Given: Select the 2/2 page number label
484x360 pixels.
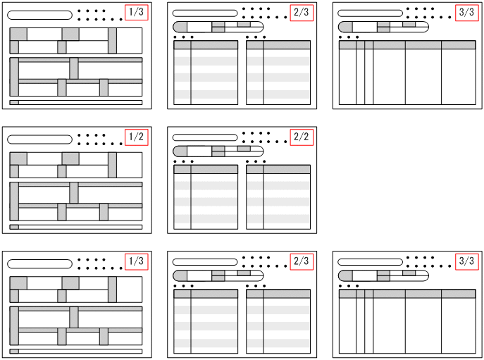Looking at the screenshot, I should tap(301, 137).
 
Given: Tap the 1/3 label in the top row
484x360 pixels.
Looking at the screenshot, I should tap(136, 13).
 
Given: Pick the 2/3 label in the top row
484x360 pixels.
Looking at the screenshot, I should tap(301, 13).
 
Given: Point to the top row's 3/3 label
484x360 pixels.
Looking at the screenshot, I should tap(466, 13).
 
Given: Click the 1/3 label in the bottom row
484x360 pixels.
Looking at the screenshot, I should tap(136, 261).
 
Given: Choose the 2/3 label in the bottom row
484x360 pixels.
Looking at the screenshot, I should tap(301, 261).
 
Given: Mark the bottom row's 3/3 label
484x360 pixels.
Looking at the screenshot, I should tap(466, 261).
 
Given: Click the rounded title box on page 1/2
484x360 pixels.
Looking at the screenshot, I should tap(39, 139).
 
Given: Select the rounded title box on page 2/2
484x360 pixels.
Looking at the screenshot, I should tap(205, 137).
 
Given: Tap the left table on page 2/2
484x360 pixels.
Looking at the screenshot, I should tap(206, 197).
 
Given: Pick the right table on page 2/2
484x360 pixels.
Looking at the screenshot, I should tap(278, 197).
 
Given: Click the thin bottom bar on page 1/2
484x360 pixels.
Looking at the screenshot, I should tap(76, 227).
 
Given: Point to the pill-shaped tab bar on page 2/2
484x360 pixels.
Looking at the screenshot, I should tap(218, 151).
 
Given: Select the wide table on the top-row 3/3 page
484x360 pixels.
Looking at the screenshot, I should tap(407, 73).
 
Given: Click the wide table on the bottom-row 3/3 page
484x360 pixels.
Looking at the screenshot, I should tap(407, 321).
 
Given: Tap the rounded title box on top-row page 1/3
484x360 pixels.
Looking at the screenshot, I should tap(39, 15).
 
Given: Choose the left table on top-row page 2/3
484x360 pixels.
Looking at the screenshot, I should tap(206, 73).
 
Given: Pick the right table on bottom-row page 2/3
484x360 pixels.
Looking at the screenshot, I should tap(278, 321).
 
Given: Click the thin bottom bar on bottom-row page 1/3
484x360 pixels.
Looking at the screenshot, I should tap(76, 351).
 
